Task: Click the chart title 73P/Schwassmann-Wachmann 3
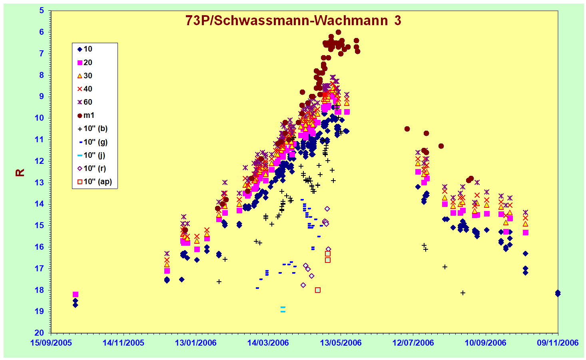[293, 20]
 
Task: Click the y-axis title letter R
[20, 173]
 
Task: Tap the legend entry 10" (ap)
[95, 181]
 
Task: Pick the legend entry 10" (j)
[91, 155]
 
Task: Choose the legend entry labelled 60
[85, 102]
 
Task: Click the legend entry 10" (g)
[92, 142]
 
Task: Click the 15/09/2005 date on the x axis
[51, 343]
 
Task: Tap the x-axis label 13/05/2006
[341, 343]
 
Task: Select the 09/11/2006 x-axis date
[558, 343]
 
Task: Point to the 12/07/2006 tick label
[413, 343]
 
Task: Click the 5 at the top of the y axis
[42, 11]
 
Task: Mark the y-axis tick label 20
[39, 333]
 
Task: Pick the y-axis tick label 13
[39, 183]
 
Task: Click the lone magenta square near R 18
[75, 294]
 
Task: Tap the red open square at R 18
[318, 290]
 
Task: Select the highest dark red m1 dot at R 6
[338, 32]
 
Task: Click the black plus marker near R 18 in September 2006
[463, 293]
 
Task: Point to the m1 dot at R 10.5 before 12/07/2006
[407, 129]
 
